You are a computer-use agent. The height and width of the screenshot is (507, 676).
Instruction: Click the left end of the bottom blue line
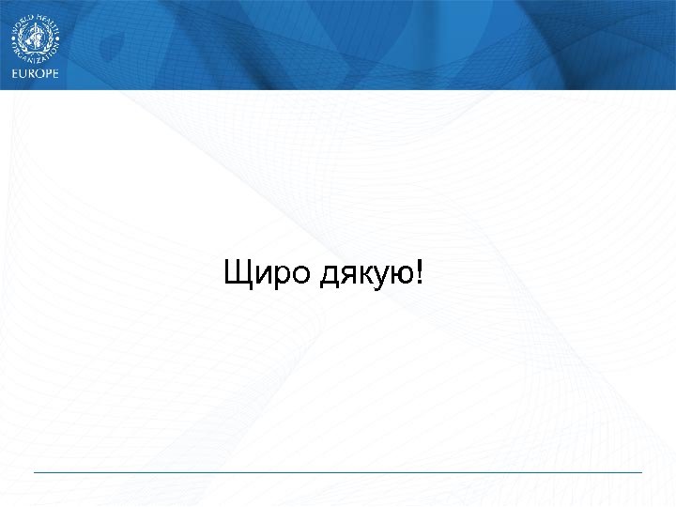(x=35, y=472)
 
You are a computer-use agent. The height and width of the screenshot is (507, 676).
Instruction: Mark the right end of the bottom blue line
(x=641, y=472)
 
